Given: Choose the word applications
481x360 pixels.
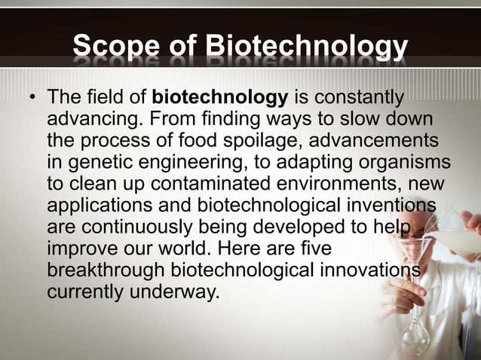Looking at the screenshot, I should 101,206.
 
